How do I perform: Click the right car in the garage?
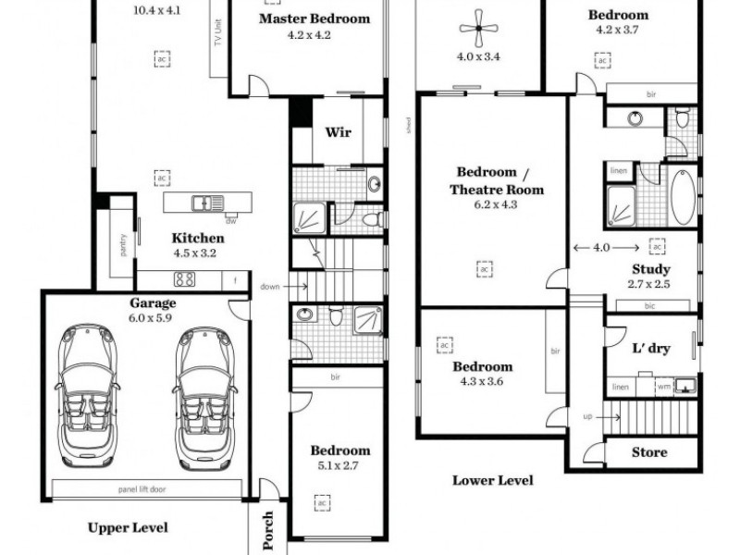(203, 395)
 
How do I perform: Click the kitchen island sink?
(201, 202)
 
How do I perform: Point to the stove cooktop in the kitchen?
(184, 278)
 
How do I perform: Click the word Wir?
(337, 131)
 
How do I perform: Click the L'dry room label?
(650, 349)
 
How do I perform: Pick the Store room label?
(649, 452)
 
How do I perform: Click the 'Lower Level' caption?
(492, 480)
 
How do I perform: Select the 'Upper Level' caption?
(128, 527)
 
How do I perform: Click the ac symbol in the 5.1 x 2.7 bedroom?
(322, 502)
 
